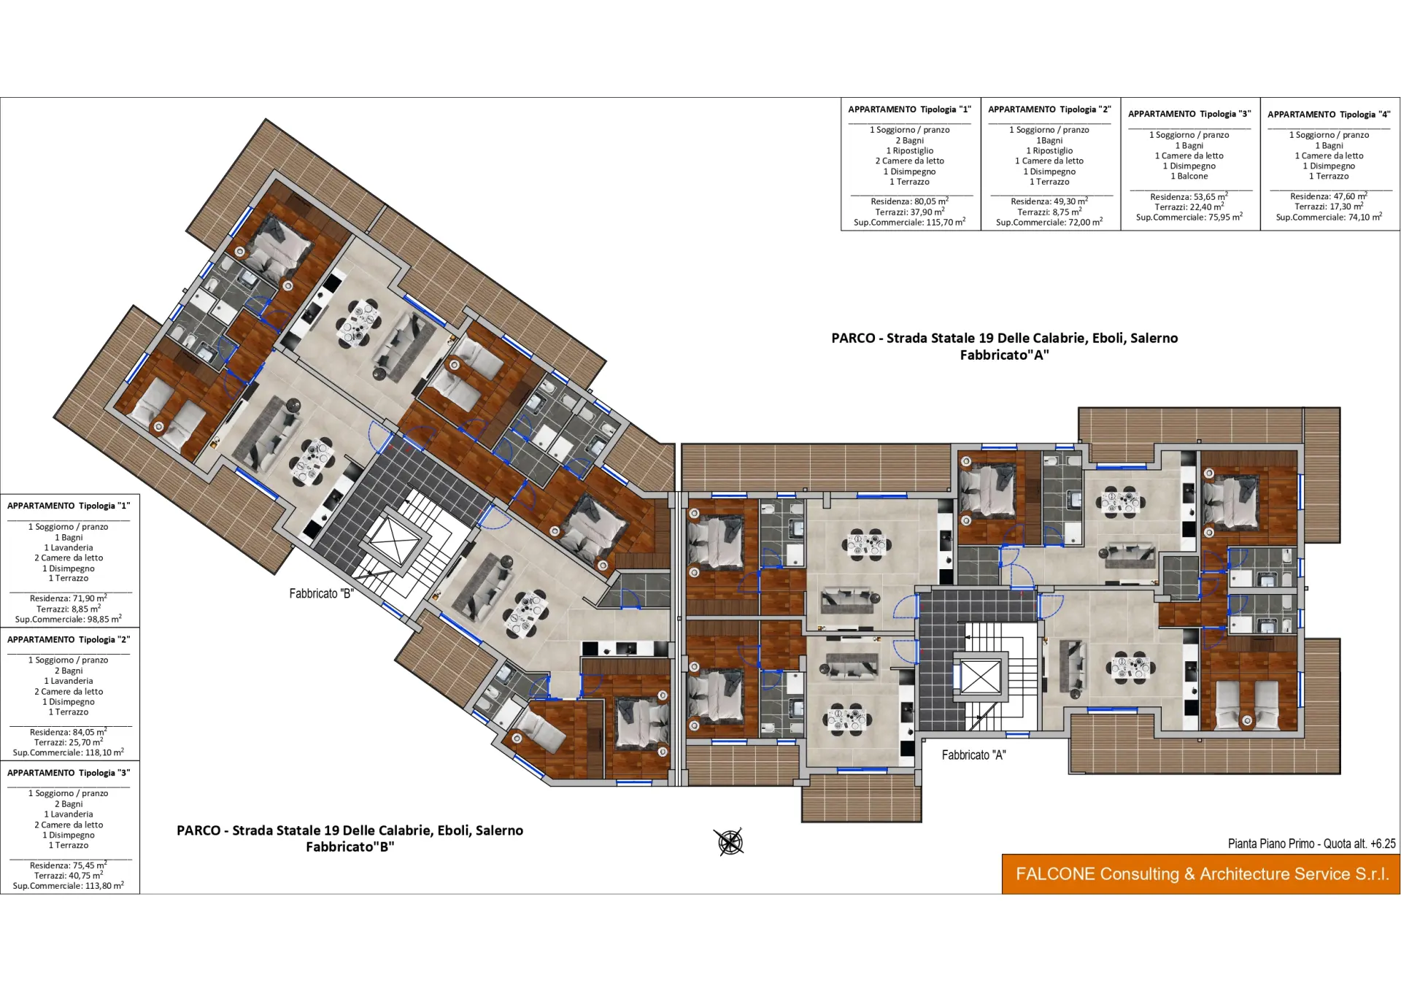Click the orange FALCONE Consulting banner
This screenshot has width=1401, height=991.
click(1201, 874)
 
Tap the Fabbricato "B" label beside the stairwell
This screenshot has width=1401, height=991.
click(321, 593)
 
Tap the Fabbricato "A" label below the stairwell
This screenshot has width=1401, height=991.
click(973, 755)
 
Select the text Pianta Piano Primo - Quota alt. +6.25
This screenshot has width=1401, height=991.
click(1311, 844)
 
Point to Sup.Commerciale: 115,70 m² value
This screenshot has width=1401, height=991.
click(909, 222)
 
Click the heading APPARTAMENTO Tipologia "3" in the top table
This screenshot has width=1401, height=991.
click(1189, 114)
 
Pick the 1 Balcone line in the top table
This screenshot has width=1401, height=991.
click(1189, 176)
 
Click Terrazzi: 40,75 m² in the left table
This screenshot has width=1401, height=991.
click(69, 875)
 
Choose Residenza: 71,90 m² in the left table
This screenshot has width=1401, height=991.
click(69, 598)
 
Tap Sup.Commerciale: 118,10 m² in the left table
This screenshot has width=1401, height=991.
click(69, 752)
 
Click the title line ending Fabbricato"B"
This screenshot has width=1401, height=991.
click(350, 847)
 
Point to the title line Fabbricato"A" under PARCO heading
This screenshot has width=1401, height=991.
click(1004, 355)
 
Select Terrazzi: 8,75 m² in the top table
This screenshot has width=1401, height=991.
click(1049, 212)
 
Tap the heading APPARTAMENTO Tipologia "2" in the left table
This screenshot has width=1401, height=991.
click(69, 639)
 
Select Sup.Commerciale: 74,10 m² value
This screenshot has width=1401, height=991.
click(1329, 217)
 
